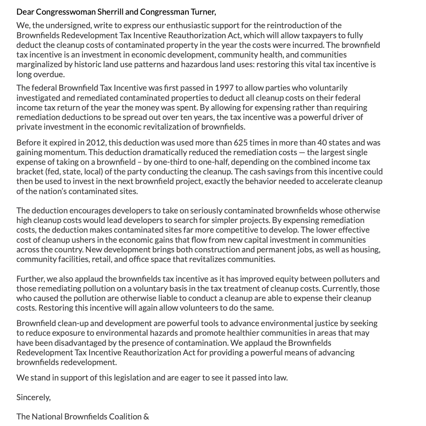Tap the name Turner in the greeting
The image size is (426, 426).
coord(203,12)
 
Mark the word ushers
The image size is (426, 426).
coord(88,240)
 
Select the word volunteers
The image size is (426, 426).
coord(208,308)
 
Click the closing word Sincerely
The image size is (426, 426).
coord(33,397)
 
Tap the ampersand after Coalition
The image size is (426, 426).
coord(146,417)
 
